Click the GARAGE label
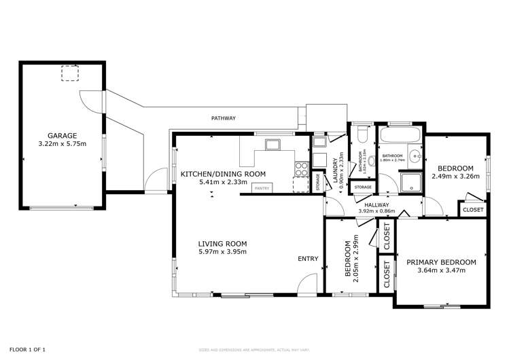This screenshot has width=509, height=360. (61, 135)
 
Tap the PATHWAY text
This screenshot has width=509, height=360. (222, 118)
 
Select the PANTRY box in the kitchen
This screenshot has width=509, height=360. (262, 188)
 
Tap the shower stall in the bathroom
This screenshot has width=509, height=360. (410, 182)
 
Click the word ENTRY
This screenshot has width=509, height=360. (307, 258)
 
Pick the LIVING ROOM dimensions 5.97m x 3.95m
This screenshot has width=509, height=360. (222, 252)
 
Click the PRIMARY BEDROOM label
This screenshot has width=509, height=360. (441, 262)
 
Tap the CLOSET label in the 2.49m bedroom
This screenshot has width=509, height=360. (473, 210)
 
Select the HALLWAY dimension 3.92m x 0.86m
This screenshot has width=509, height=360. (376, 211)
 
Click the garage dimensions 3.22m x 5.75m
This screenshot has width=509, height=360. (61, 144)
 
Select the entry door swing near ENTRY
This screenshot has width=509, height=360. (309, 284)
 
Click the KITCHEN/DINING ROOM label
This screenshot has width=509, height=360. (222, 174)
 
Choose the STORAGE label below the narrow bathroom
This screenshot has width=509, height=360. (363, 187)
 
